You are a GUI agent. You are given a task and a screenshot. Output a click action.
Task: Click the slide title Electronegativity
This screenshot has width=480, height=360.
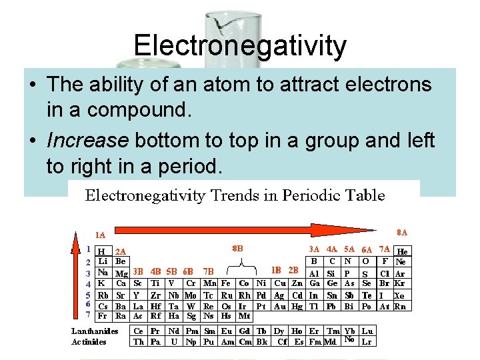point(240,46)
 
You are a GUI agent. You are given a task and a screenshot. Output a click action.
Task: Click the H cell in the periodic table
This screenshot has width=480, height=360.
point(100,252)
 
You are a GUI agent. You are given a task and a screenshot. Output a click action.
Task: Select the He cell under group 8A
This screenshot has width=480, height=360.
point(402,252)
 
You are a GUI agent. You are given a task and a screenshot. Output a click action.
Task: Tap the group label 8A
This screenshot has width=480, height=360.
point(402,233)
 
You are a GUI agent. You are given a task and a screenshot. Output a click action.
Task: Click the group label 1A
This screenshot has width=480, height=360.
point(99,235)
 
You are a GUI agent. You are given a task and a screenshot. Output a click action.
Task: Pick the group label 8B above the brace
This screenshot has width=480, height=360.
point(237,247)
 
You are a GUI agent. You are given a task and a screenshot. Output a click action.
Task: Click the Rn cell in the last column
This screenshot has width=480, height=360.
point(400,307)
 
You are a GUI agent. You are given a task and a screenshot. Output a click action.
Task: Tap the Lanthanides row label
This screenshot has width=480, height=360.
point(95,331)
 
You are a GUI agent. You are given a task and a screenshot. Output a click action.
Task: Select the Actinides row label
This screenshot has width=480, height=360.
point(90,342)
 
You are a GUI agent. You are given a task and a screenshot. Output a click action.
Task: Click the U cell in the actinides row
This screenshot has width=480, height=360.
point(173,342)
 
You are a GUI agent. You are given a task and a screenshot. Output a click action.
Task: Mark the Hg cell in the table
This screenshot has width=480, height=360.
point(297,307)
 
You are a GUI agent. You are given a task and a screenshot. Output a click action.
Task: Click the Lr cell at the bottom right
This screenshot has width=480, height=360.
point(366,342)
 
